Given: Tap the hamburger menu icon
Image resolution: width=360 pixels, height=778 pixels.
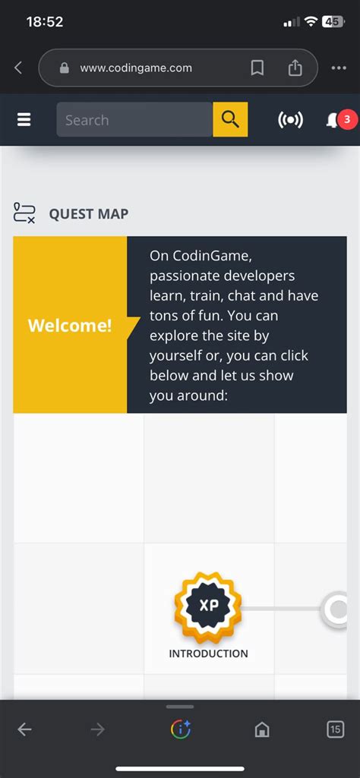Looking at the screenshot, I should (x=24, y=120).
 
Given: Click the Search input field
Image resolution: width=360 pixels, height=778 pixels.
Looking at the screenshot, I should (x=134, y=120).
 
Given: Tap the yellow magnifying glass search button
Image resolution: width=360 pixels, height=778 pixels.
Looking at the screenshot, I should (x=230, y=120).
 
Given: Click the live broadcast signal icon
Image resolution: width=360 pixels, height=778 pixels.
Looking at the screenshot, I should (x=290, y=120).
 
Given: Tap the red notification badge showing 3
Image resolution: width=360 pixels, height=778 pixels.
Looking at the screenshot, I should (x=346, y=119).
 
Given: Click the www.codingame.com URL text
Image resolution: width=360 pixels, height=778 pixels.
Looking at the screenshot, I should (x=136, y=68).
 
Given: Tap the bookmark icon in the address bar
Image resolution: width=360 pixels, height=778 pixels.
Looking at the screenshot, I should (x=257, y=68).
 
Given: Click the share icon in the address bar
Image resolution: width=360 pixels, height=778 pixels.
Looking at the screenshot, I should (x=295, y=68).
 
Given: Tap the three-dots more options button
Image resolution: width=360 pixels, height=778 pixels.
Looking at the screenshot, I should (x=339, y=68).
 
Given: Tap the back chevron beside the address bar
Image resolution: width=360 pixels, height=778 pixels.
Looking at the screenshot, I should (x=18, y=68).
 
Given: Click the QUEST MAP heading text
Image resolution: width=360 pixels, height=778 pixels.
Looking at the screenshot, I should (x=88, y=214).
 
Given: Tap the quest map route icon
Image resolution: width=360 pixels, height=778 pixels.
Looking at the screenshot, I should (x=24, y=213).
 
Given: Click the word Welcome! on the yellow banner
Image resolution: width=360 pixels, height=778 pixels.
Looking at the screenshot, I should (x=70, y=326).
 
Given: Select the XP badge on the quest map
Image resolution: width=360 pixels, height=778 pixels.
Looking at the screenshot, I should (x=208, y=607).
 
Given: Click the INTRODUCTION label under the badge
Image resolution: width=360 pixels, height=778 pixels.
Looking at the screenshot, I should (x=208, y=654).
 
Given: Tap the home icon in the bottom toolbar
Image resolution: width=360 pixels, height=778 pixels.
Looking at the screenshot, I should (x=262, y=729).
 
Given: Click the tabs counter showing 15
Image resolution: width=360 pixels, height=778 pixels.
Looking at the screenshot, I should (x=335, y=729).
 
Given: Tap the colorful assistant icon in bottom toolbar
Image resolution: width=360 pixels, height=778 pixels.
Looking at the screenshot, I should (x=180, y=729).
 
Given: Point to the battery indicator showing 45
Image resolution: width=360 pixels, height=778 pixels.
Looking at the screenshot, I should (x=333, y=22).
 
